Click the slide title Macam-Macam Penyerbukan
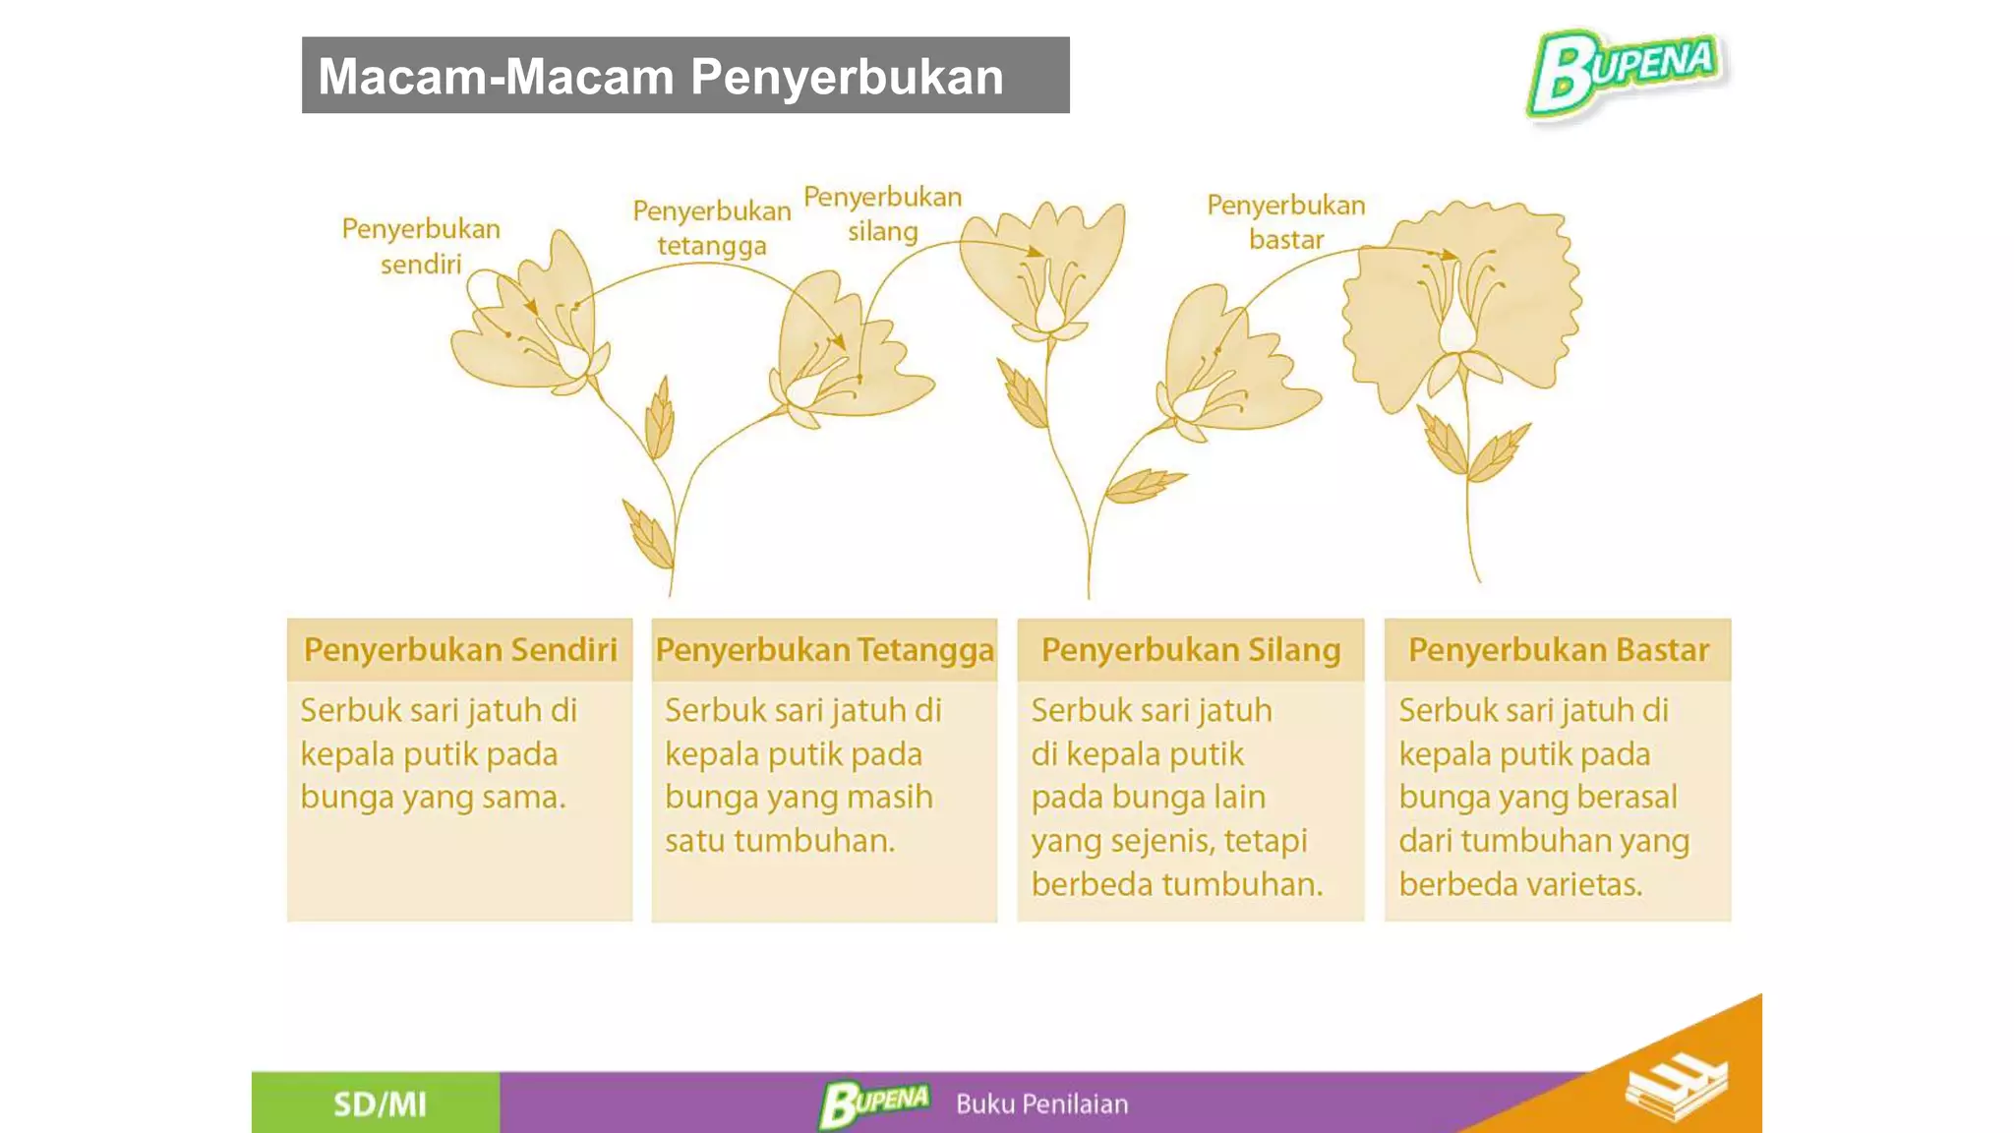(661, 77)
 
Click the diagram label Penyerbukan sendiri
(421, 246)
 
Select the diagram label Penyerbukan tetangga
(712, 228)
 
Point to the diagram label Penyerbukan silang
(882, 213)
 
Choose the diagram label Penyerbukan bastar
(1286, 222)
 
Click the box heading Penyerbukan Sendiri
(460, 650)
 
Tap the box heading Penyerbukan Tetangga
(824, 650)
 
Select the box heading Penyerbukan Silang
(1191, 650)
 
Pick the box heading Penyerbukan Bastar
(1559, 650)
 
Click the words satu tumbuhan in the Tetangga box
(779, 841)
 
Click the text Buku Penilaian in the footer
(1041, 1104)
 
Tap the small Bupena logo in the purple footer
(873, 1103)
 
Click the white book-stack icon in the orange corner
(1676, 1087)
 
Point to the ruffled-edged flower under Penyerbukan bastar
(1459, 305)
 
